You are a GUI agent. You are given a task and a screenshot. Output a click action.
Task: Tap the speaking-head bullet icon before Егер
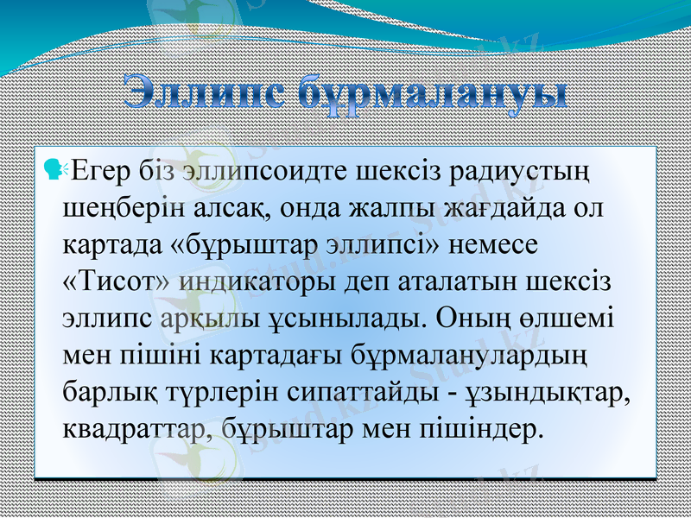(55, 169)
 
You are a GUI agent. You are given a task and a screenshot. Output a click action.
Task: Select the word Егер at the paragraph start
(100, 169)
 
